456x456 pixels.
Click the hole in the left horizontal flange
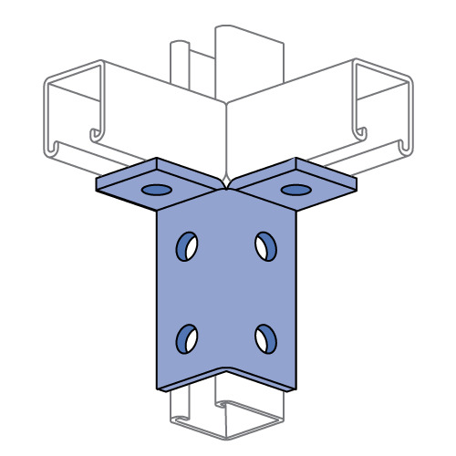[x=156, y=191]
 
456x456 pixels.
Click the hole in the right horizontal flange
[x=295, y=190]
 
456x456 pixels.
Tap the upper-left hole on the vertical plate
[x=186, y=245]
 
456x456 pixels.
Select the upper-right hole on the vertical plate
[x=265, y=245]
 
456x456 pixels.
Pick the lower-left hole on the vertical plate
[x=186, y=337]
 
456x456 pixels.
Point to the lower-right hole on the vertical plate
[x=265, y=337]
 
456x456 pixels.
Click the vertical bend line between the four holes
[x=226, y=292]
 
